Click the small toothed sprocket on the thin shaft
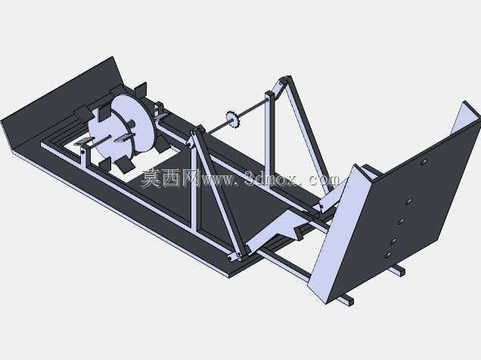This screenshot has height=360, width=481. point(232,119)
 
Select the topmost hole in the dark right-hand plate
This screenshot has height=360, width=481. point(424,162)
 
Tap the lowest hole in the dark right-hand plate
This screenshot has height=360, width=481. point(389,255)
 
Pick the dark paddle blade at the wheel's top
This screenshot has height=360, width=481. point(141,90)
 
